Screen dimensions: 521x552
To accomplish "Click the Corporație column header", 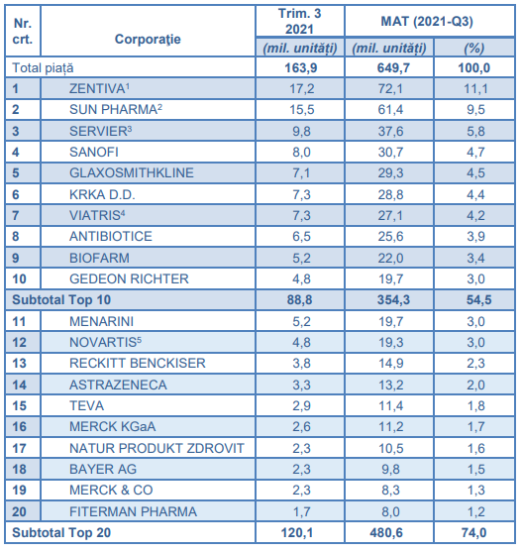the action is pos(148,40).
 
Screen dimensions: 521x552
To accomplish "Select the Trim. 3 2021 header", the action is pos(300,21).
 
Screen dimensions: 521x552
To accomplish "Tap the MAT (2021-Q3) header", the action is pos(427,22).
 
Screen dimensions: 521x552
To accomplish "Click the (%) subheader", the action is pos(474,49).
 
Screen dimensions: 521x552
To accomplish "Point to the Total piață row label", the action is pos(43,68).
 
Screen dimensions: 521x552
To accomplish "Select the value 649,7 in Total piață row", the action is pos(393,68).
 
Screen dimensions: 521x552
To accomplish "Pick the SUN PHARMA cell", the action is pos(116,109).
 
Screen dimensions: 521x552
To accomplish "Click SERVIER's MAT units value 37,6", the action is pos(391,132).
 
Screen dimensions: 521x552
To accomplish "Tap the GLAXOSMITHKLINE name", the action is pos(132,172).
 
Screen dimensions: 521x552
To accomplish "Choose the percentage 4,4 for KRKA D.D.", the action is pos(475,194).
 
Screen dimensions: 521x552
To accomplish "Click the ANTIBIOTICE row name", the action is pos(111,236).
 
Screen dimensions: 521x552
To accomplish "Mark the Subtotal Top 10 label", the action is pos(61,300).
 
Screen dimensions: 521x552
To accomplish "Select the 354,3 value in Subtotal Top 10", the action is pos(393,300).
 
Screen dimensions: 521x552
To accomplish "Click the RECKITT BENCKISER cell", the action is pos(138,364).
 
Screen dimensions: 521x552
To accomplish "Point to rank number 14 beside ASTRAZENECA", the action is pos(20,385).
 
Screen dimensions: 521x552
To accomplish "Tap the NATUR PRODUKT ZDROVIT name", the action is pos(156,449).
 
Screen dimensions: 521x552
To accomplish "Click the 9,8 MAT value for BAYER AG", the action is pos(391,470).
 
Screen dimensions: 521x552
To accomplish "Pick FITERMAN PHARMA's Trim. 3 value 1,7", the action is pos(301,512).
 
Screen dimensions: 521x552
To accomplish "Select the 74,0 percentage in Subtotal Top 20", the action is pos(473,533).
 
